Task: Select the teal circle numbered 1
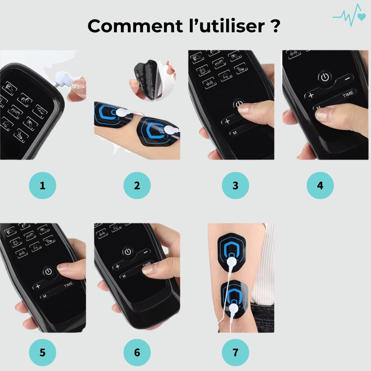43,185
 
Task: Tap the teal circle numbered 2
137,185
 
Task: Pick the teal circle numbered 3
235,185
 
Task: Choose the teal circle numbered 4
320,185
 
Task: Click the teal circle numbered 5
43,352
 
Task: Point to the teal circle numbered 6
137,352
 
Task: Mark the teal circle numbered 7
235,352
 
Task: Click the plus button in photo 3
227,121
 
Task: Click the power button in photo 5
48,271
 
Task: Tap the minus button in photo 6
146,252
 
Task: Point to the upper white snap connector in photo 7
232,262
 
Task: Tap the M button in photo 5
45,296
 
